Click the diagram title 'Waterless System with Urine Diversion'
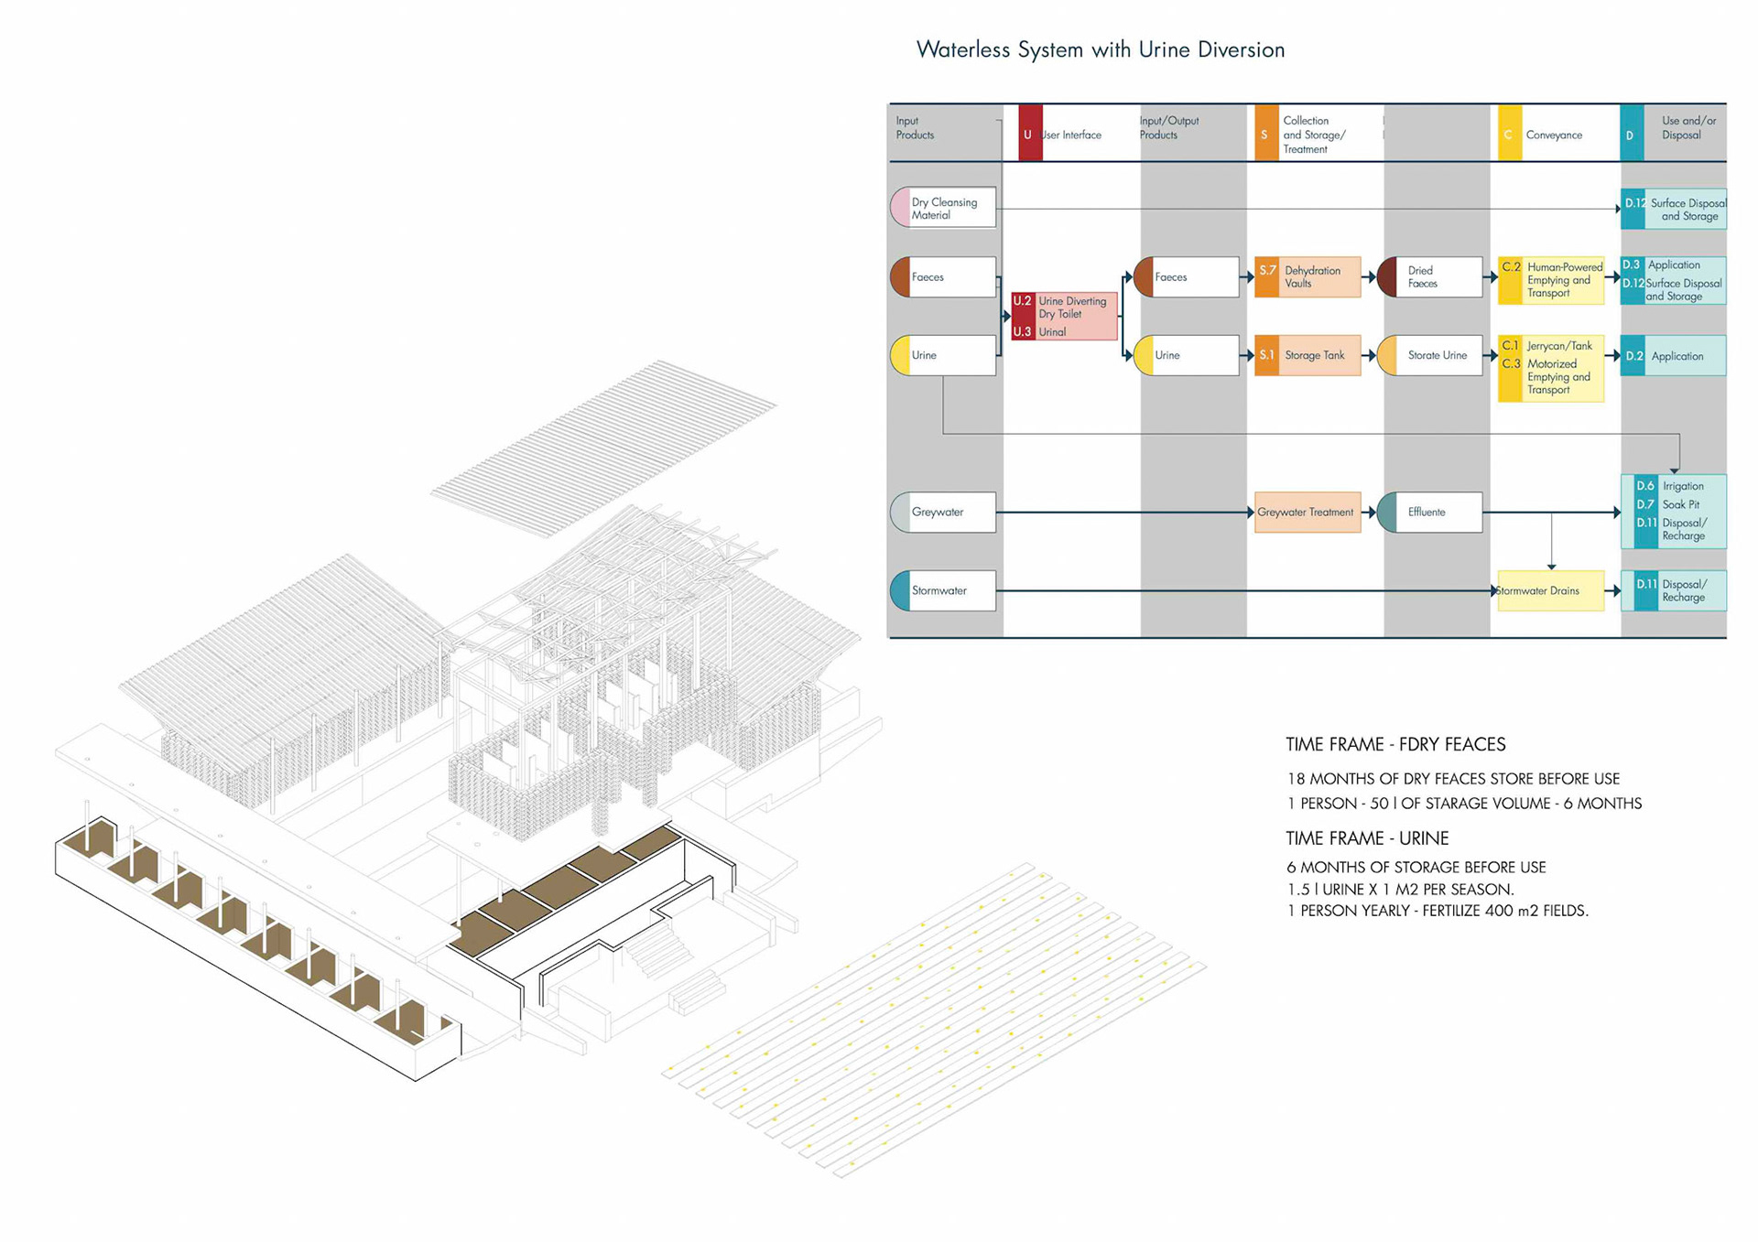click(1100, 50)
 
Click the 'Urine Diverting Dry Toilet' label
click(1072, 308)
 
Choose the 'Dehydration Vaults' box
click(1308, 277)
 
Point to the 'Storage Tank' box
click(1308, 355)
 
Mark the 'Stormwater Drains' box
click(1549, 591)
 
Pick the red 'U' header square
click(1029, 134)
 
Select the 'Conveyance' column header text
click(1554, 135)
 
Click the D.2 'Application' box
click(1674, 356)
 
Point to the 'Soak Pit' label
click(1680, 504)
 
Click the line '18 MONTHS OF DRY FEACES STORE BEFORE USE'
click(1453, 779)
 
